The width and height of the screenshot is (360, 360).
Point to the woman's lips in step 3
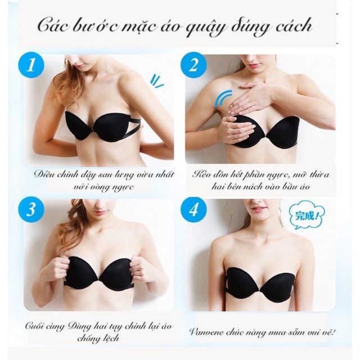click(101, 212)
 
